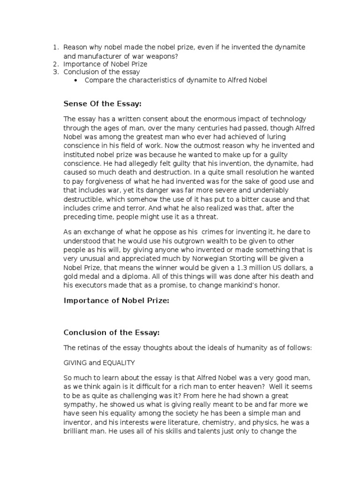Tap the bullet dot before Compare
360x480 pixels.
click(x=75, y=81)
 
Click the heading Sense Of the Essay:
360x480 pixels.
click(x=102, y=104)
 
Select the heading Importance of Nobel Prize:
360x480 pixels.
click(x=116, y=301)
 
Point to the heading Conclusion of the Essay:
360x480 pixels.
click(x=112, y=332)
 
